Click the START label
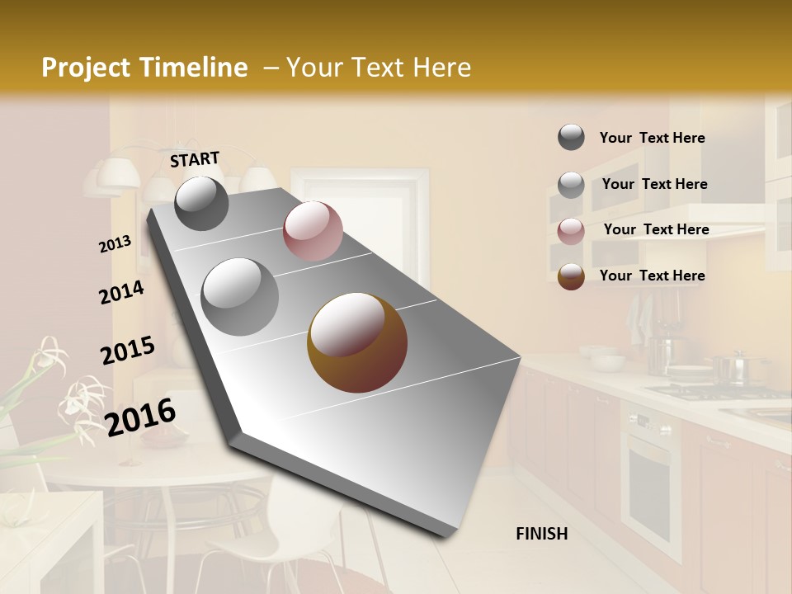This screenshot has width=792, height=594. pyautogui.click(x=195, y=159)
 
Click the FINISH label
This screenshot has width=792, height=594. pyautogui.click(x=541, y=534)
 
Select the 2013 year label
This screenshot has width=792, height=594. pyautogui.click(x=115, y=244)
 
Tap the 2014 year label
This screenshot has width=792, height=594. pyautogui.click(x=121, y=292)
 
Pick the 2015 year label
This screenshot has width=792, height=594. pyautogui.click(x=127, y=350)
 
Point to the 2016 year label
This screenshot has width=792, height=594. pyautogui.click(x=140, y=416)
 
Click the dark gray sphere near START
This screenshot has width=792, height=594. pyautogui.click(x=201, y=203)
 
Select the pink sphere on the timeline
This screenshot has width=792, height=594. pyautogui.click(x=313, y=231)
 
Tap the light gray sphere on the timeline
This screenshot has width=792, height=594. pyautogui.click(x=240, y=296)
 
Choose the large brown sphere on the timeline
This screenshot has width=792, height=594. pyautogui.click(x=357, y=342)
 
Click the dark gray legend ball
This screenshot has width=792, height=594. pyautogui.click(x=571, y=137)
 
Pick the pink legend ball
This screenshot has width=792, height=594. pyautogui.click(x=571, y=231)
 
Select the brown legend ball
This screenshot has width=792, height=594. pyautogui.click(x=571, y=276)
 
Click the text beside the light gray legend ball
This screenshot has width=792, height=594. pyautogui.click(x=654, y=184)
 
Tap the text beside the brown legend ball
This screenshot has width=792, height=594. pyautogui.click(x=652, y=276)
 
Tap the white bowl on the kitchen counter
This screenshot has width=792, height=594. pyautogui.click(x=607, y=361)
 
